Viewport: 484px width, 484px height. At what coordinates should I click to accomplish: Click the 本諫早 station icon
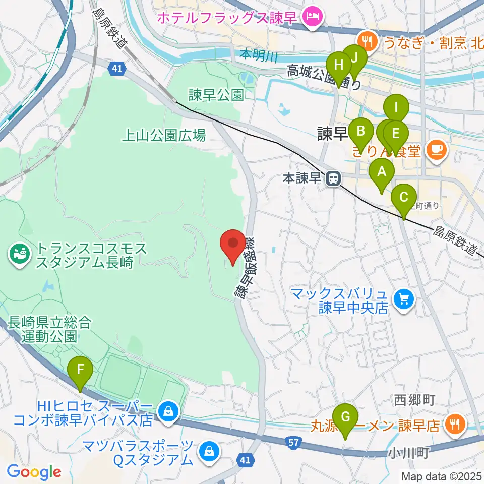pos(332,178)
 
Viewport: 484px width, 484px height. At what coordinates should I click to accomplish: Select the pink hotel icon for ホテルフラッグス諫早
pos(313,17)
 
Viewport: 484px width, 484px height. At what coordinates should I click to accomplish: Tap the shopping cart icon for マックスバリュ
pos(403,300)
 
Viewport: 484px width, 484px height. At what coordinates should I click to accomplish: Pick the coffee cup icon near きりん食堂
pos(436,149)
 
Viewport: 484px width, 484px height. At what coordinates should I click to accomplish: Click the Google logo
pos(34,472)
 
